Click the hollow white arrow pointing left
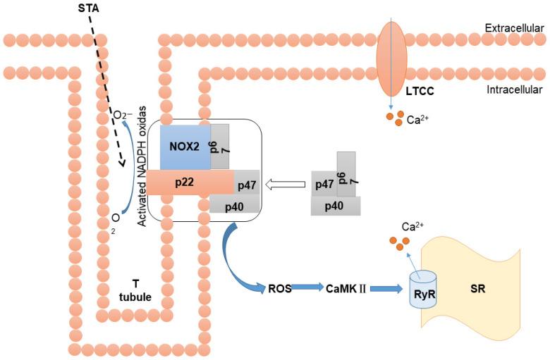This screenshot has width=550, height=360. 286,185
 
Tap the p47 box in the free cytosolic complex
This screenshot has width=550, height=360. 324,185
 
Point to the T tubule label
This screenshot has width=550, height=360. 135,290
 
